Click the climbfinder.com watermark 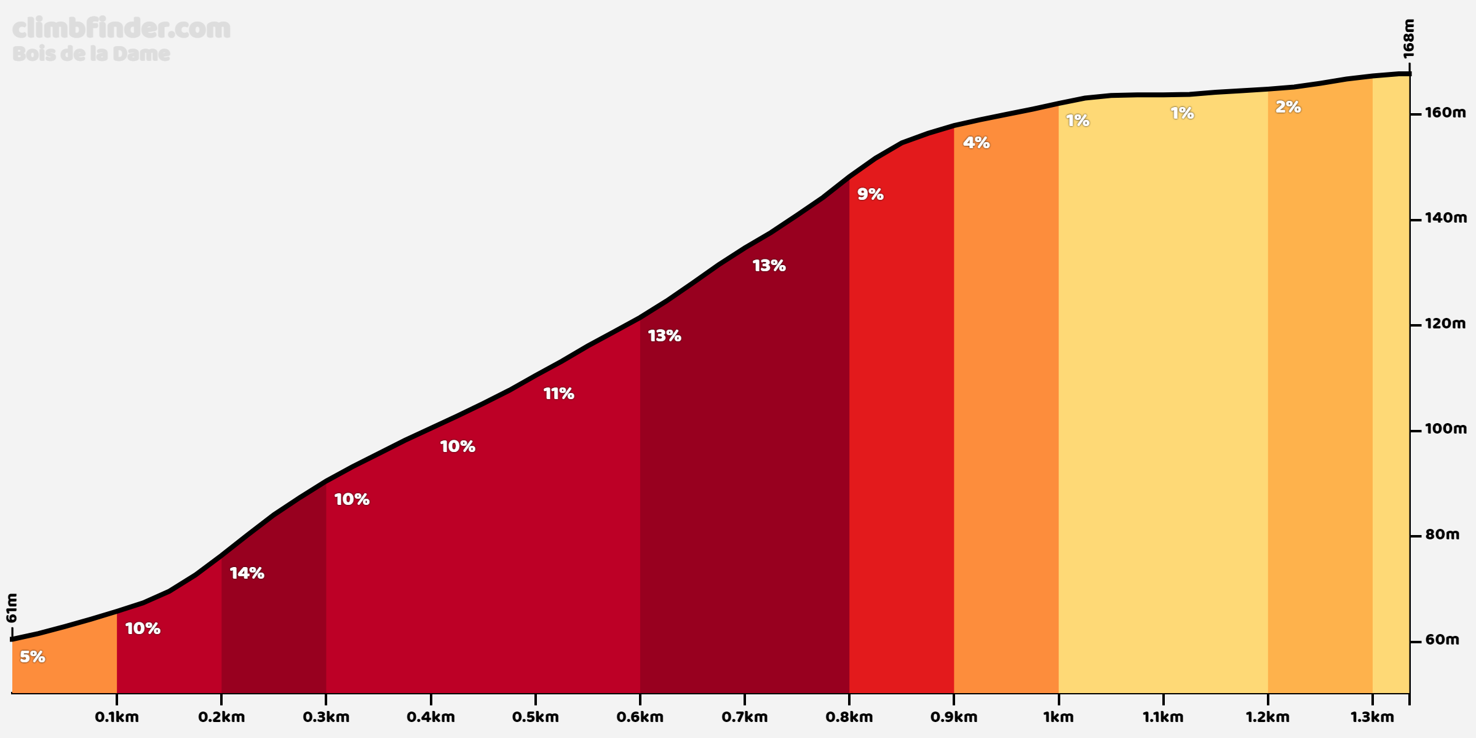[x=121, y=29]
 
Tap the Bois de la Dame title [x=91, y=54]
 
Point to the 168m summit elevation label [x=1409, y=38]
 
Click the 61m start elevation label [x=12, y=608]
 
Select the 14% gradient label [x=247, y=573]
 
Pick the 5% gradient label [x=33, y=657]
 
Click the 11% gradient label [x=558, y=394]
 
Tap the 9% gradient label [x=870, y=194]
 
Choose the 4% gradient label [x=976, y=143]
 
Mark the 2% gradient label [x=1288, y=107]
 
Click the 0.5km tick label [x=535, y=717]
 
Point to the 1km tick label [x=1058, y=717]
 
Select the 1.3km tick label [x=1372, y=717]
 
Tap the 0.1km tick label [x=117, y=717]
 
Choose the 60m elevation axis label [x=1442, y=640]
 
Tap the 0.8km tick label [x=849, y=717]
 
